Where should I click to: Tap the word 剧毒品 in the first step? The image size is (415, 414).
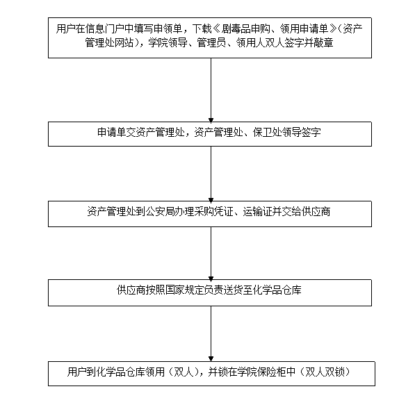(236, 29)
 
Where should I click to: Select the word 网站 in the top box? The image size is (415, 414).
(124, 42)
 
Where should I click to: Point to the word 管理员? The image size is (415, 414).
(211, 42)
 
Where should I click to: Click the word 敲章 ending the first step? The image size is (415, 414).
(323, 42)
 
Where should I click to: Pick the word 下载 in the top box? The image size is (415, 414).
(202, 29)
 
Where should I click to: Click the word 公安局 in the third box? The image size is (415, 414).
(160, 212)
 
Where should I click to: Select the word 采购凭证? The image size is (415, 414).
(214, 212)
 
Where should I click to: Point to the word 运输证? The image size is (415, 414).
(258, 212)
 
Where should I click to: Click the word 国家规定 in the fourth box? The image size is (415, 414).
(184, 290)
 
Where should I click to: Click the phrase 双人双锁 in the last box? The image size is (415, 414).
(325, 372)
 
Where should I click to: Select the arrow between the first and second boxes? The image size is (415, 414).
(211, 90)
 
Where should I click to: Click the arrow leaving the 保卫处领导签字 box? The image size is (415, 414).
(211, 174)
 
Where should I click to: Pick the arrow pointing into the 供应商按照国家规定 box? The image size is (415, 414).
(211, 254)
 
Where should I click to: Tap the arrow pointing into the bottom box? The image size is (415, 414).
(211, 333)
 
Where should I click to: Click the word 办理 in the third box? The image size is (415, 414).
(185, 212)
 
